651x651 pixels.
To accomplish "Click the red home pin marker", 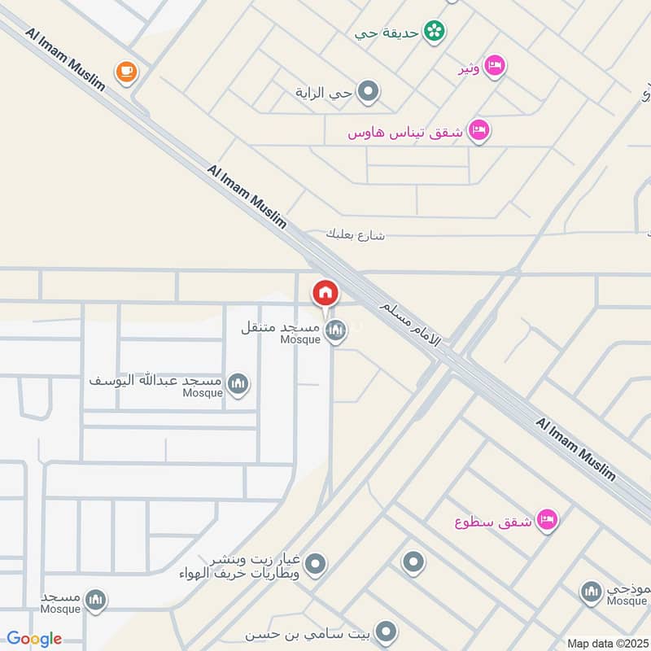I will (x=325, y=292).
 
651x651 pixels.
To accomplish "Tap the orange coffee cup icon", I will (x=126, y=72).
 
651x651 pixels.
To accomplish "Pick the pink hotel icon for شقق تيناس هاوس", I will (x=479, y=130).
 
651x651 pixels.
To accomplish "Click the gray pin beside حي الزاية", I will (x=369, y=92).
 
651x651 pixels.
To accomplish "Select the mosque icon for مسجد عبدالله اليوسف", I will (x=238, y=383).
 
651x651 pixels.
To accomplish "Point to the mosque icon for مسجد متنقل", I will (x=334, y=330).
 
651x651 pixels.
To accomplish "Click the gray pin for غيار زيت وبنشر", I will (x=316, y=563).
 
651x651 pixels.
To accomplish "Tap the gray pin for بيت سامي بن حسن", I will (x=387, y=631).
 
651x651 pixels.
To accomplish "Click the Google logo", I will (x=34, y=639).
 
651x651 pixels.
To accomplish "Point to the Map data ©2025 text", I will (x=606, y=643).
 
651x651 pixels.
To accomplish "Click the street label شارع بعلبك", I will (x=355, y=236).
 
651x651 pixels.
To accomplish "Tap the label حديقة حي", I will (x=387, y=33).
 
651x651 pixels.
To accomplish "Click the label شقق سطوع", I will (x=493, y=522).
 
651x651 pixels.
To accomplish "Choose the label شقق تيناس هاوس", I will (x=405, y=132).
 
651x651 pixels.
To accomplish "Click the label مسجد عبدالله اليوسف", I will (x=155, y=380).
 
